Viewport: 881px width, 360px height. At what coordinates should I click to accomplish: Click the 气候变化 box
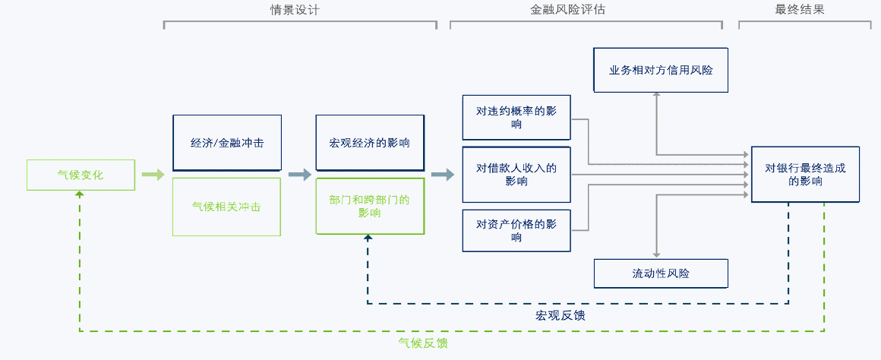click(81, 175)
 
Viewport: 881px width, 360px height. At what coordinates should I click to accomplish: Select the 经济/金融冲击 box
click(227, 143)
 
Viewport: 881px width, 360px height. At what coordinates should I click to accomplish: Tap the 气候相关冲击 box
click(227, 207)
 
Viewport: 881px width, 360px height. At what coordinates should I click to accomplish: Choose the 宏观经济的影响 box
click(370, 143)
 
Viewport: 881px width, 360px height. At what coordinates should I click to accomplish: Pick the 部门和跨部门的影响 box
click(370, 207)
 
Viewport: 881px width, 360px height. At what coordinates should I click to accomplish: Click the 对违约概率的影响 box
click(516, 118)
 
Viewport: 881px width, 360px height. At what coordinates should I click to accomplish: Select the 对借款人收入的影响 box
click(516, 175)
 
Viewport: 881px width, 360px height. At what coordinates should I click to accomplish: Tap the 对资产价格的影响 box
click(516, 231)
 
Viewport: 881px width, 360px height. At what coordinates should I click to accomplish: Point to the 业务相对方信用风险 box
click(661, 70)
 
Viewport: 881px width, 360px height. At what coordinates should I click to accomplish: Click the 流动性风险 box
click(661, 273)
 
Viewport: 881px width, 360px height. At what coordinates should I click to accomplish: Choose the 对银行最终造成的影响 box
click(805, 175)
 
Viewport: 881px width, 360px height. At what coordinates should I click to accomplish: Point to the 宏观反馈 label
click(560, 314)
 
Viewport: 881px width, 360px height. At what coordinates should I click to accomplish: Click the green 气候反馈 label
click(423, 343)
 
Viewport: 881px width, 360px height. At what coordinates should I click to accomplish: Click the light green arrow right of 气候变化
click(153, 175)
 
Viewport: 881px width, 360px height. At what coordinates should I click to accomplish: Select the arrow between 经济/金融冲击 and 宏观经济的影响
click(299, 175)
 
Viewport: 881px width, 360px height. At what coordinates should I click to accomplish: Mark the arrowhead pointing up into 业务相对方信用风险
click(657, 97)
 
